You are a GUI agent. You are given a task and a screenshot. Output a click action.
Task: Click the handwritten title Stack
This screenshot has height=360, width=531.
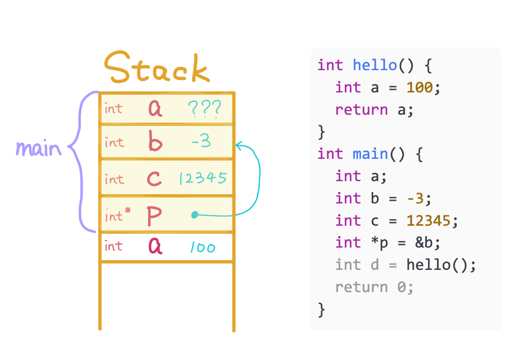156,69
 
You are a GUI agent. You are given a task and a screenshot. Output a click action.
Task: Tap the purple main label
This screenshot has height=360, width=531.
38,149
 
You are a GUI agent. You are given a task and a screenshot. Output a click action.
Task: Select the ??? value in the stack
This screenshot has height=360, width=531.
204,110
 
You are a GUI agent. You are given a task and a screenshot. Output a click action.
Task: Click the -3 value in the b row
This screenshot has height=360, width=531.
201,142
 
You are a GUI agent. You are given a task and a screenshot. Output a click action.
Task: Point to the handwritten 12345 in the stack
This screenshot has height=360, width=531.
203,178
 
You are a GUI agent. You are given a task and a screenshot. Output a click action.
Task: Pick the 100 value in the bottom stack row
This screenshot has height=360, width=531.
202,248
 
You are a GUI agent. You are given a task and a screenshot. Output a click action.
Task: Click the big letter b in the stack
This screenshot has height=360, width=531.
155,142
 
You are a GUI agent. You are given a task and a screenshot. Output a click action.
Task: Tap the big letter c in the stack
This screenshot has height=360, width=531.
155,179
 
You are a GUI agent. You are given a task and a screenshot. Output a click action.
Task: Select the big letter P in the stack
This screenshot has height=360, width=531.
155,216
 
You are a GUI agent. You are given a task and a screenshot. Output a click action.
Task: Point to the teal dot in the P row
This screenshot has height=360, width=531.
195,215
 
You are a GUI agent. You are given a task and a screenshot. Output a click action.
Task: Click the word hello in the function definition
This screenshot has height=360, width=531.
375,65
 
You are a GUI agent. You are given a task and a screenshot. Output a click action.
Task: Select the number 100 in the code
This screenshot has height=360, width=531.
420,87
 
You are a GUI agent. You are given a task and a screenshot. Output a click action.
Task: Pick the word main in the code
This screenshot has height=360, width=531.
370,154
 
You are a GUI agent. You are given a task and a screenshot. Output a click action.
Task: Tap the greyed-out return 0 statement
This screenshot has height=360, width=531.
374,287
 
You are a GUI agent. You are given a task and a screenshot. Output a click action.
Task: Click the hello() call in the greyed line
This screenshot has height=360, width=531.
441,265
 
